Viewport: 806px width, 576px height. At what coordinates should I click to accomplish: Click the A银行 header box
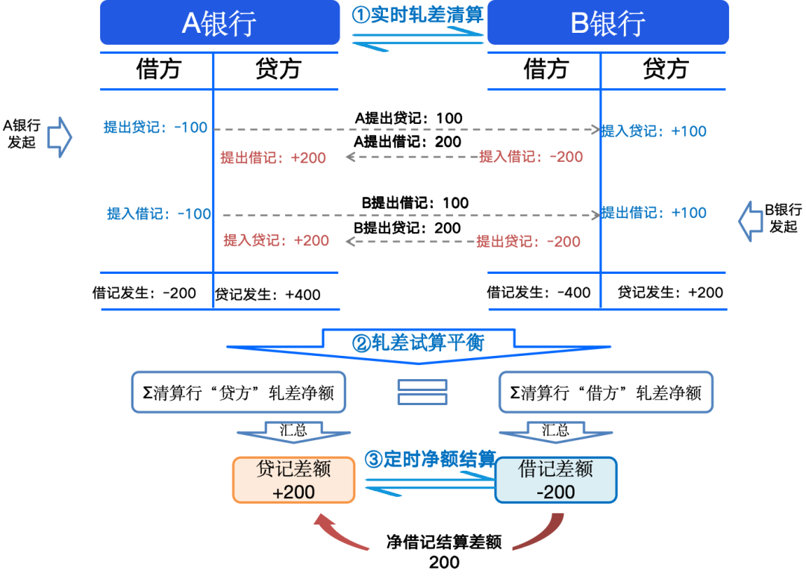pyautogui.click(x=219, y=23)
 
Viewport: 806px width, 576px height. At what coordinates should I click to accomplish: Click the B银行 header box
pyautogui.click(x=607, y=23)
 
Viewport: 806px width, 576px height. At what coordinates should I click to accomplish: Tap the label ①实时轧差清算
pyautogui.click(x=418, y=15)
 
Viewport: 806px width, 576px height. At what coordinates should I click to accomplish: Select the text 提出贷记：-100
pyautogui.click(x=155, y=128)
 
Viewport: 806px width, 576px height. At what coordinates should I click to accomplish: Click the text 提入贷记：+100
pyautogui.click(x=654, y=131)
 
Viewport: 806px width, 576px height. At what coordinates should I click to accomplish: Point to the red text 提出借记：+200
pyautogui.click(x=273, y=157)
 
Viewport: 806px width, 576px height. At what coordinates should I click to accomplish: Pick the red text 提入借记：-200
pyautogui.click(x=531, y=157)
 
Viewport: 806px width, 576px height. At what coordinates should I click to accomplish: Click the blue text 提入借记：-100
pyautogui.click(x=160, y=214)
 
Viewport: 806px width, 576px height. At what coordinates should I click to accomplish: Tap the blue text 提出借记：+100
pyautogui.click(x=654, y=213)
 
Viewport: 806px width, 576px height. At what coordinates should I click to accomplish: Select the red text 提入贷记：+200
pyautogui.click(x=276, y=240)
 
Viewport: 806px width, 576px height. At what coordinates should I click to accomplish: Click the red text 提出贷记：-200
pyautogui.click(x=528, y=242)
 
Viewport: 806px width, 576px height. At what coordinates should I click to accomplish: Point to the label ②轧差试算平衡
pyautogui.click(x=418, y=343)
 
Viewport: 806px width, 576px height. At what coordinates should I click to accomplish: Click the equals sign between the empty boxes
pyautogui.click(x=422, y=392)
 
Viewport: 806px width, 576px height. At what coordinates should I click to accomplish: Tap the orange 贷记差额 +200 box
pyautogui.click(x=293, y=480)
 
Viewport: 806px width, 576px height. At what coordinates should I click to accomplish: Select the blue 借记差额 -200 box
pyautogui.click(x=556, y=480)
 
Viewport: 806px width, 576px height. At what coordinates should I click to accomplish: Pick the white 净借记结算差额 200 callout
pyautogui.click(x=444, y=552)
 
